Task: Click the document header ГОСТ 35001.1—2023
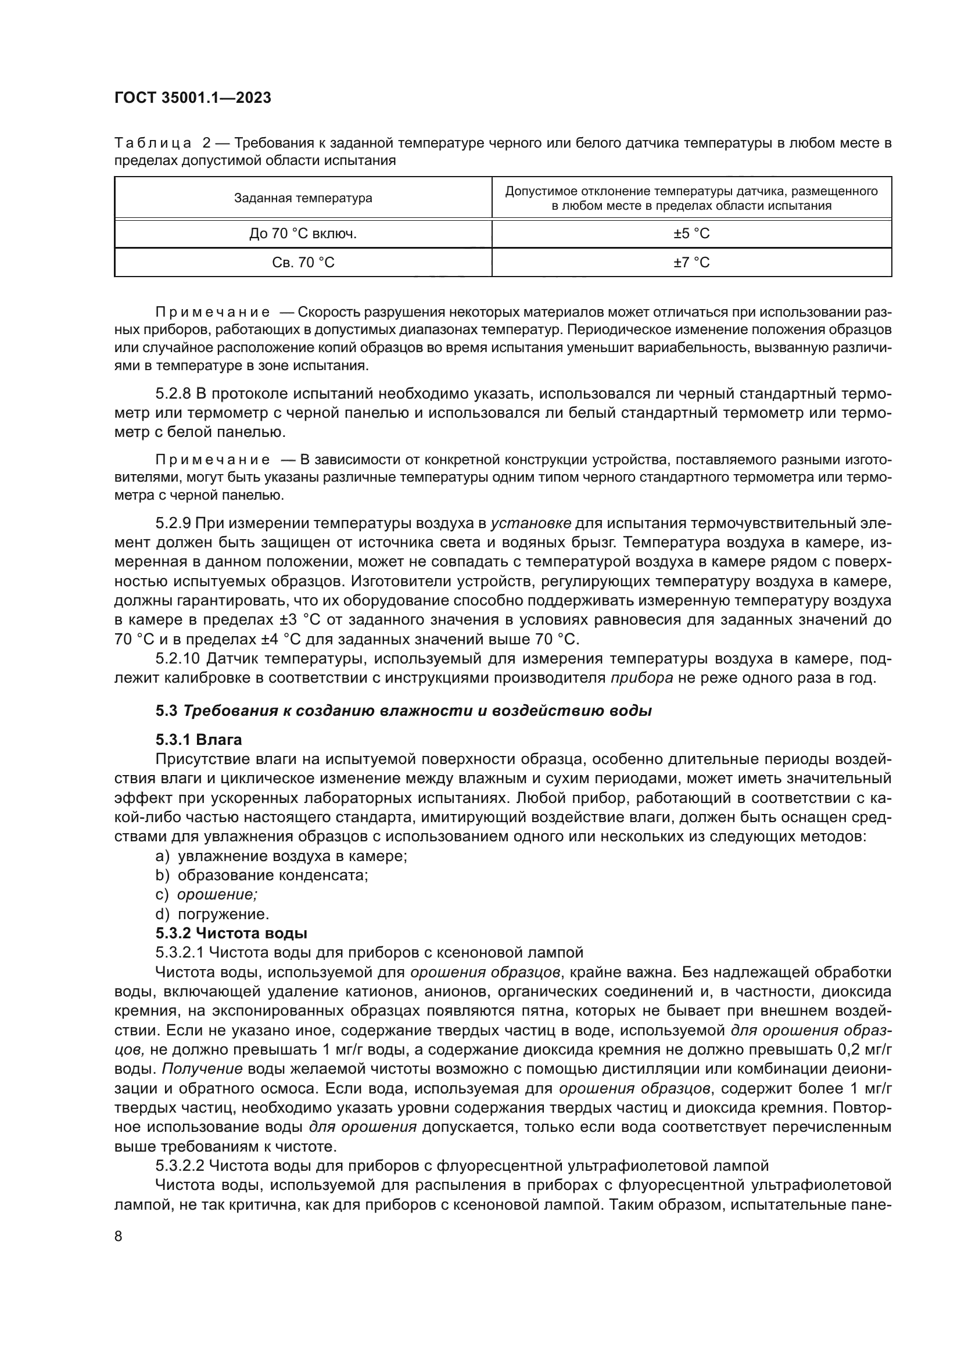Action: [192, 98]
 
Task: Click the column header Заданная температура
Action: [303, 198]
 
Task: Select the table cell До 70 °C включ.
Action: [303, 234]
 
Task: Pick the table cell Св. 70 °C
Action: [303, 262]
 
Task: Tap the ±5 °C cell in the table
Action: [691, 234]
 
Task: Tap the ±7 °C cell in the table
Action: [691, 262]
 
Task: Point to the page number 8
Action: [119, 1236]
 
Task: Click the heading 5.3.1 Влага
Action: [199, 740]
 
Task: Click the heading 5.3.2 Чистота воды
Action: [231, 934]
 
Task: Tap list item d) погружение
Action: [212, 915]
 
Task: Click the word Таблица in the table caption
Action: [153, 144]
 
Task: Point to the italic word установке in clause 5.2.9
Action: [532, 523]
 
